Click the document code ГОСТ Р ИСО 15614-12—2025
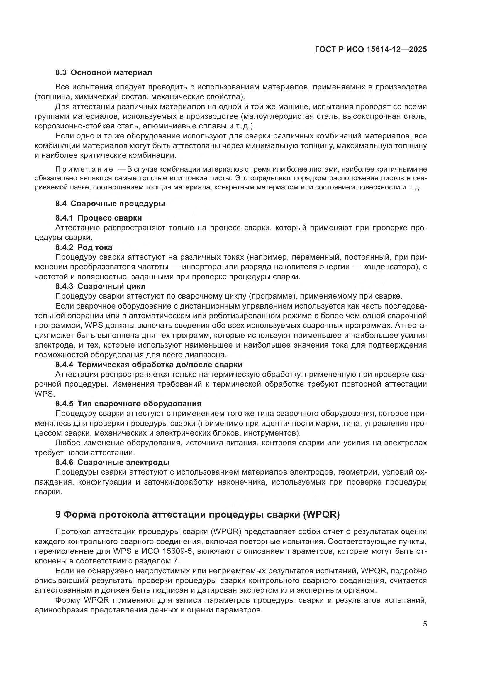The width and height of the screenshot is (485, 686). (x=371, y=50)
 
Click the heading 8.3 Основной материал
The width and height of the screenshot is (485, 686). (x=104, y=73)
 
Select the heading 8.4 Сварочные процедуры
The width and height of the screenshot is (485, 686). (x=110, y=204)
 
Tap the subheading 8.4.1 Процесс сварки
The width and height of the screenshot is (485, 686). (x=99, y=218)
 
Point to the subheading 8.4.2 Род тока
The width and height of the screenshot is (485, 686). (x=84, y=247)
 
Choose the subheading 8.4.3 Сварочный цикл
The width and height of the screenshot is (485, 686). (x=100, y=286)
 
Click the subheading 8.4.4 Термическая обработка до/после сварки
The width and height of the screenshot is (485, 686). (x=149, y=365)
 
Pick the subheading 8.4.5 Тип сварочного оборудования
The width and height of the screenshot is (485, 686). (x=128, y=404)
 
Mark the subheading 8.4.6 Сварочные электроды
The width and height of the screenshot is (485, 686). (x=113, y=462)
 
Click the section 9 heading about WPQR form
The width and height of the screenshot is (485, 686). (x=197, y=514)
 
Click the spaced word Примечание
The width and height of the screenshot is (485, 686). (x=84, y=170)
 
